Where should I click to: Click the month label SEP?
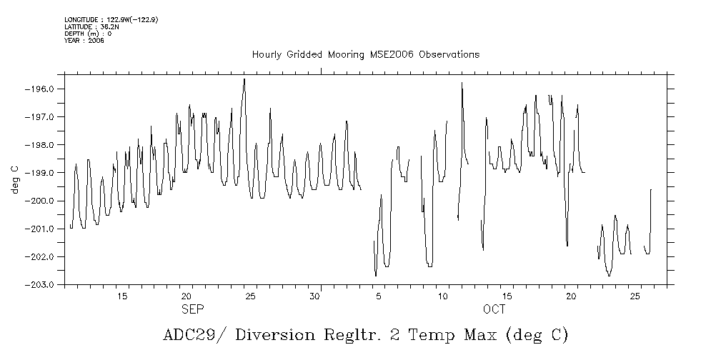tap(192, 309)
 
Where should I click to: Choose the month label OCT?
tap(494, 309)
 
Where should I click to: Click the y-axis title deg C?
tap(14, 179)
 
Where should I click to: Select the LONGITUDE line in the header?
tap(111, 20)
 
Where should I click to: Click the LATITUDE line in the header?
tap(90, 26)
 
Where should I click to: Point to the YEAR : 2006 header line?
tap(84, 40)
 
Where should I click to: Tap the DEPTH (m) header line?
tap(87, 34)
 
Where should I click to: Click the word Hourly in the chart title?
tap(267, 55)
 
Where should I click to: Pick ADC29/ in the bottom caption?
tap(189, 335)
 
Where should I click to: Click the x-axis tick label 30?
tap(314, 296)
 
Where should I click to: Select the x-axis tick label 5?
tap(380, 296)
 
